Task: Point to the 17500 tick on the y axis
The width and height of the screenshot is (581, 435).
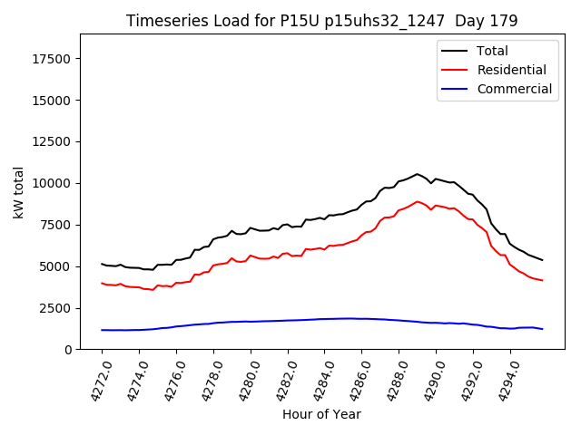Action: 53,59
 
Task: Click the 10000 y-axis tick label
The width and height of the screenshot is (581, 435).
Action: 53,183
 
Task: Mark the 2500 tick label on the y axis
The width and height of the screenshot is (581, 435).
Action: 56,308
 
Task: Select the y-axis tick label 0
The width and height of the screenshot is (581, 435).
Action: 68,350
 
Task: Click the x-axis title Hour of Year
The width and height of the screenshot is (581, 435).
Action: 321,414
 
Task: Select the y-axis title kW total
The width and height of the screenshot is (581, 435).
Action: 19,191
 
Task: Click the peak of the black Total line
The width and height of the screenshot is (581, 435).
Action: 417,174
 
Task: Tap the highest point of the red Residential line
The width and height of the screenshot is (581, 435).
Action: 417,201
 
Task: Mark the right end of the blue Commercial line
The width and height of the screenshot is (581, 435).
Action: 543,329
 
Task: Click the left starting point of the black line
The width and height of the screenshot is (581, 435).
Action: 102,264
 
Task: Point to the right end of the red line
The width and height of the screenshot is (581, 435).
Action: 543,280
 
